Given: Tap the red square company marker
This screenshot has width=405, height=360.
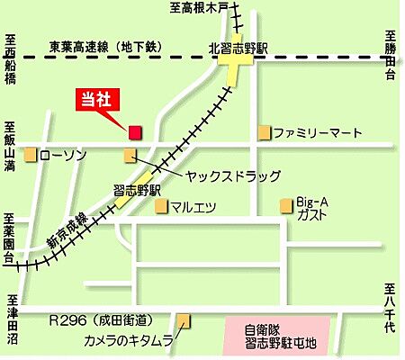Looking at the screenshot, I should (134, 132).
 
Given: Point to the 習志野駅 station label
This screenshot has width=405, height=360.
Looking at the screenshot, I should (138, 190).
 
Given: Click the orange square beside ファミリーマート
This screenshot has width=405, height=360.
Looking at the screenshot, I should (265, 133).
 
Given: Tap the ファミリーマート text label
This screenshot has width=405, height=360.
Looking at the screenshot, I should (318, 133).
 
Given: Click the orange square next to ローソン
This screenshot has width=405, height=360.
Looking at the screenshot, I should (31, 155).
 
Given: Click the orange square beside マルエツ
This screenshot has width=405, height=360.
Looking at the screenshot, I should (162, 207).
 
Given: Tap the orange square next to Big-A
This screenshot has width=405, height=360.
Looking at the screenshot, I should (287, 204).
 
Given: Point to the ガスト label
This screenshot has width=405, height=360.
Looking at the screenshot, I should (310, 217).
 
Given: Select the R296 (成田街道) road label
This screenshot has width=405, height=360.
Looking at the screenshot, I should (102, 320).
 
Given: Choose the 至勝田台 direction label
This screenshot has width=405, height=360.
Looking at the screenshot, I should (390, 58).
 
